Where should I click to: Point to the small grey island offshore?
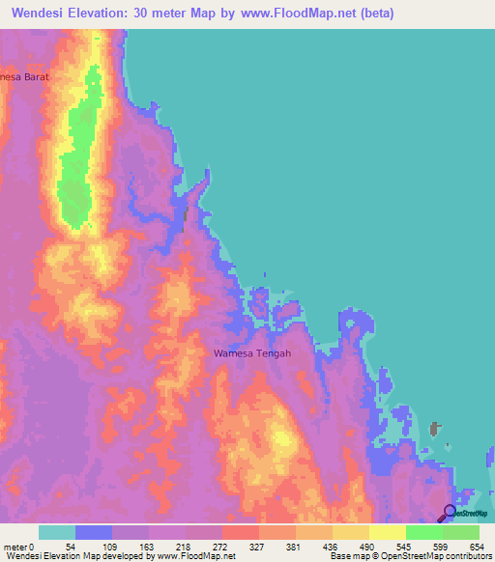(x=435, y=430)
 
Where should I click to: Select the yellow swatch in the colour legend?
(x=387, y=532)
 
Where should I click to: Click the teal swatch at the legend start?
(x=57, y=532)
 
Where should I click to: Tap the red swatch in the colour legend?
(x=240, y=532)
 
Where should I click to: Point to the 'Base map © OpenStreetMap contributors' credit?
(x=408, y=556)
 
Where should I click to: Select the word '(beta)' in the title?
(x=373, y=13)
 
